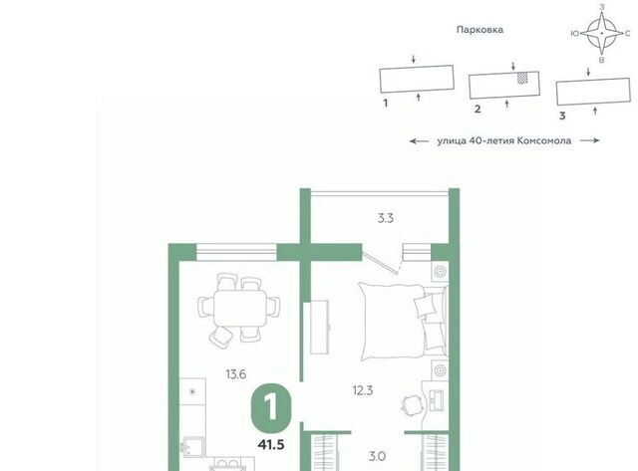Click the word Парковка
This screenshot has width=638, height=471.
pyautogui.click(x=479, y=30)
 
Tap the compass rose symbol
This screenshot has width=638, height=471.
pyautogui.click(x=602, y=33)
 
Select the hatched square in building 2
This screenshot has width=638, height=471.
pyautogui.click(x=522, y=78)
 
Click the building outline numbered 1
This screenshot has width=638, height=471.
pyautogui.click(x=417, y=80)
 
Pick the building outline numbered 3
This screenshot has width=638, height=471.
pyautogui.click(x=593, y=92)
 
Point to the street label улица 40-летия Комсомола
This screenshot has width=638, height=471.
pyautogui.click(x=504, y=141)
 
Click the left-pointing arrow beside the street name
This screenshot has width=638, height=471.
pyautogui.click(x=419, y=141)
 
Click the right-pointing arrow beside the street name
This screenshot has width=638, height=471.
pyautogui.click(x=590, y=140)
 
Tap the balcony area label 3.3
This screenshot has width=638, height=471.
pyautogui.click(x=386, y=219)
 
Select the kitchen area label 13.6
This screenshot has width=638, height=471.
pyautogui.click(x=236, y=373)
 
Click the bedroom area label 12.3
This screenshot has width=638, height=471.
pyautogui.click(x=363, y=391)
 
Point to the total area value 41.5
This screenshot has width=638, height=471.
pyautogui.click(x=271, y=444)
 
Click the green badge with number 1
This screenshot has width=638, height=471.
pyautogui.click(x=271, y=409)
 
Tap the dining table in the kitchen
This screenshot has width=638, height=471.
pyautogui.click(x=239, y=308)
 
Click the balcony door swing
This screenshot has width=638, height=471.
pyautogui.click(x=382, y=262)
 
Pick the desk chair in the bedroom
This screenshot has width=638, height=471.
pyautogui.click(x=410, y=404)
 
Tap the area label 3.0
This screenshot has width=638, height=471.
pyautogui.click(x=377, y=457)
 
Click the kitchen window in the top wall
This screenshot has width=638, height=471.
pyautogui.click(x=236, y=252)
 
